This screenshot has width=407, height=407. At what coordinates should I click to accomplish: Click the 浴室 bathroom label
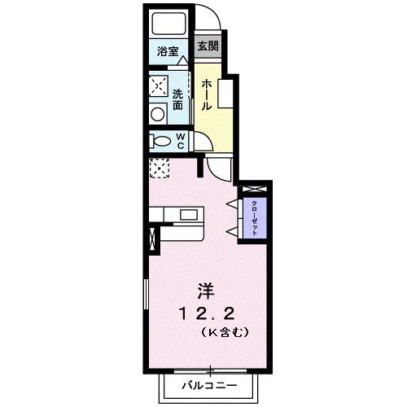point(168,50)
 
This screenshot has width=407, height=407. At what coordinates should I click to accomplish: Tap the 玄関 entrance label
point(207,47)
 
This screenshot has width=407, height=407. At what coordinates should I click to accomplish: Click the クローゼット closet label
point(255,217)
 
